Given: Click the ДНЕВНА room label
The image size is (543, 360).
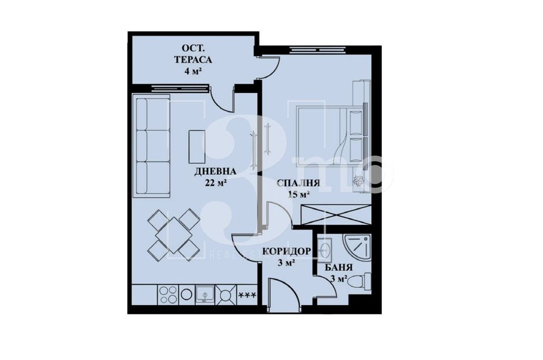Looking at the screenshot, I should click(211, 172).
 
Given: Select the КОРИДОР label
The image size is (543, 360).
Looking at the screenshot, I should click(287, 251).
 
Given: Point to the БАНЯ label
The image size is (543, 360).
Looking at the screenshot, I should click(340, 268).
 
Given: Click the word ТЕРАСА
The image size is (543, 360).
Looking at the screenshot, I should click(193, 59).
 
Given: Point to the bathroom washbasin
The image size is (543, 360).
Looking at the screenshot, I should click(325, 250).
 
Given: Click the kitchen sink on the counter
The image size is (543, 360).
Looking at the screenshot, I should click(205, 294).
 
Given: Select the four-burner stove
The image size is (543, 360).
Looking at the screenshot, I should click(168, 294).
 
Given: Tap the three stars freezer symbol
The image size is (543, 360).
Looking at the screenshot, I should click(248, 295).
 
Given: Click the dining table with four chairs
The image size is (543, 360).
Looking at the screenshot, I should click(175, 234).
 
